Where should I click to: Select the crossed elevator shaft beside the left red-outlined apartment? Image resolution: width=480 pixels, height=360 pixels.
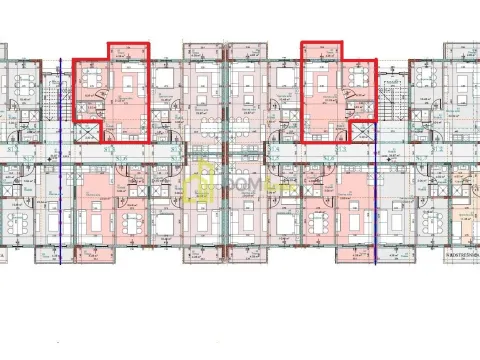click(x=87, y=130)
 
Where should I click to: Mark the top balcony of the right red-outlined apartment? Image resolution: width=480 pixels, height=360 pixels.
click(x=322, y=53)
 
